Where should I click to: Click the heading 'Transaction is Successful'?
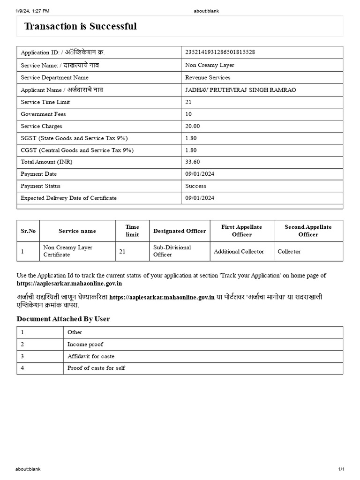pyautogui.click(x=80, y=26)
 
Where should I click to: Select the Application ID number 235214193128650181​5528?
pyautogui.click(x=220, y=52)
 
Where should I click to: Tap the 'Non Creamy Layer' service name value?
pyautogui.click(x=210, y=65)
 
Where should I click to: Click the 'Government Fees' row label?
pyautogui.click(x=43, y=114)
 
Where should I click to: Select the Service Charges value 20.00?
pyautogui.click(x=193, y=126)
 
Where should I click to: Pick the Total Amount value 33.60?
pyautogui.click(x=193, y=162)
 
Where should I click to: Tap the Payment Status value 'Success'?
pyautogui.click(x=196, y=186)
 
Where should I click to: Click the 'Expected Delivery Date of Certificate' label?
pyautogui.click(x=68, y=198)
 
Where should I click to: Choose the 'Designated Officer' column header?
pyautogui.click(x=180, y=231)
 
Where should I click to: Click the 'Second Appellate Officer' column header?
pyautogui.click(x=308, y=231)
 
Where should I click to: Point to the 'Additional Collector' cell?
pyautogui.click(x=239, y=252)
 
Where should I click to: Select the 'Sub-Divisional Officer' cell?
pyautogui.click(x=172, y=251)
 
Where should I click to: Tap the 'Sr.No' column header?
pyautogui.click(x=28, y=231)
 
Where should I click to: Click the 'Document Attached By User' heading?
pyautogui.click(x=63, y=319)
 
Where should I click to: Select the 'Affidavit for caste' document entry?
pyautogui.click(x=91, y=356)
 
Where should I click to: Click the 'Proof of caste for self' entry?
pyautogui.click(x=96, y=368)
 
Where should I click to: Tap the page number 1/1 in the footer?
pyautogui.click(x=341, y=469)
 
